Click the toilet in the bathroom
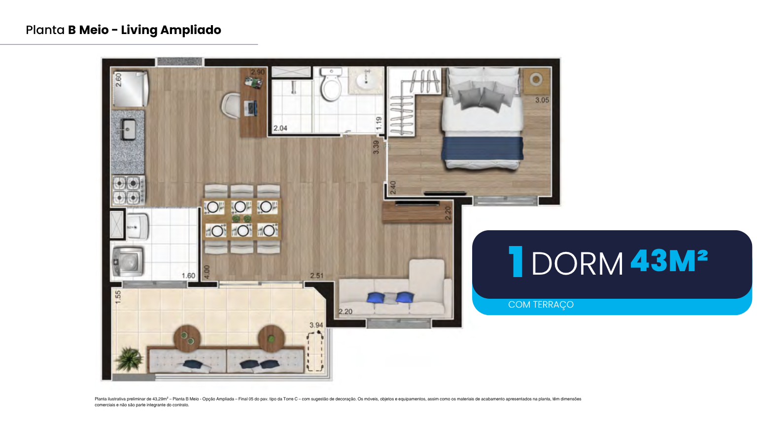point(331,84)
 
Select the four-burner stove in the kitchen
point(129,190)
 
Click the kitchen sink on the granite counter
point(128,130)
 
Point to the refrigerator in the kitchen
point(130,89)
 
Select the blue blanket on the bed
point(482,148)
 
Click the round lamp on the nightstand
point(536,80)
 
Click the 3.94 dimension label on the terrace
point(316,325)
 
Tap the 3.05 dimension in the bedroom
point(542,100)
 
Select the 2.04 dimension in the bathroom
point(280,128)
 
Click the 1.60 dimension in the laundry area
point(188,276)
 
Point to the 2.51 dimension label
point(317,276)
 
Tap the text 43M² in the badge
point(669,260)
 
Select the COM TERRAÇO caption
point(541,305)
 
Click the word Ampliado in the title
point(191,30)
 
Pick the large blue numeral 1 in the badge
point(516,261)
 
